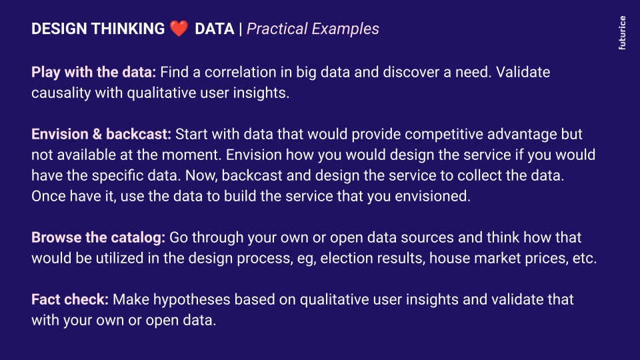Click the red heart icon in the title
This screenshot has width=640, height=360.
179,29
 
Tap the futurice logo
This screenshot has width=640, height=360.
622,33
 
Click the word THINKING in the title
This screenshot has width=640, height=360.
128,29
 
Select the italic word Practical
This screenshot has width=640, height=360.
277,29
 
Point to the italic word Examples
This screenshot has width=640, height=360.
345,29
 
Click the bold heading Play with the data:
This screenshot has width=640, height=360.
93,72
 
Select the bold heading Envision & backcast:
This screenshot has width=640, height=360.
101,134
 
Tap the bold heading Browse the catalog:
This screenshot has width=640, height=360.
98,237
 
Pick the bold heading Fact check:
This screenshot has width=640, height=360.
70,299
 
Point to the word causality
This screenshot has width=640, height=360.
61,93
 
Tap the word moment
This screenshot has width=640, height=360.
191,155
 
